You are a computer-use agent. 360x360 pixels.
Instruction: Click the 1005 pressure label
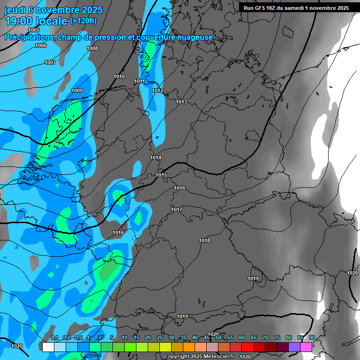(x=34, y=30)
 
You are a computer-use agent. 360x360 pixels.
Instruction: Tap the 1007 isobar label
(x=50, y=62)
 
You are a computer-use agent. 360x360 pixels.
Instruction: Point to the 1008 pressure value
(x=92, y=48)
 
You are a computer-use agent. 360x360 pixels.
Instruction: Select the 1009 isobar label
(x=77, y=90)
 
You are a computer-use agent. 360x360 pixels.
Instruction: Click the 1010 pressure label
(x=119, y=76)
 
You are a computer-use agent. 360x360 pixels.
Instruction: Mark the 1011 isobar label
(x=139, y=81)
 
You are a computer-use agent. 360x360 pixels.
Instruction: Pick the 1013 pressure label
(x=181, y=102)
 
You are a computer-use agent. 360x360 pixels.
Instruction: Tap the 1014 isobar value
(x=156, y=157)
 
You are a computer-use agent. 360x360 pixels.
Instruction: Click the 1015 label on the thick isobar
(x=161, y=175)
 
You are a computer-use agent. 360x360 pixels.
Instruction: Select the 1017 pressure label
(x=177, y=210)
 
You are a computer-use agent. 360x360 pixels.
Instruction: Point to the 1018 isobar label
(x=204, y=240)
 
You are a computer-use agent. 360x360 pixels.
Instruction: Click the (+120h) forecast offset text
(x=83, y=21)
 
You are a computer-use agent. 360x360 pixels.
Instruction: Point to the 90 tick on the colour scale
(x=312, y=337)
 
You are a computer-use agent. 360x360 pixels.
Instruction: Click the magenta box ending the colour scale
(x=306, y=347)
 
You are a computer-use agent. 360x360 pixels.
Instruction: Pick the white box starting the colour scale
(x=48, y=347)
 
